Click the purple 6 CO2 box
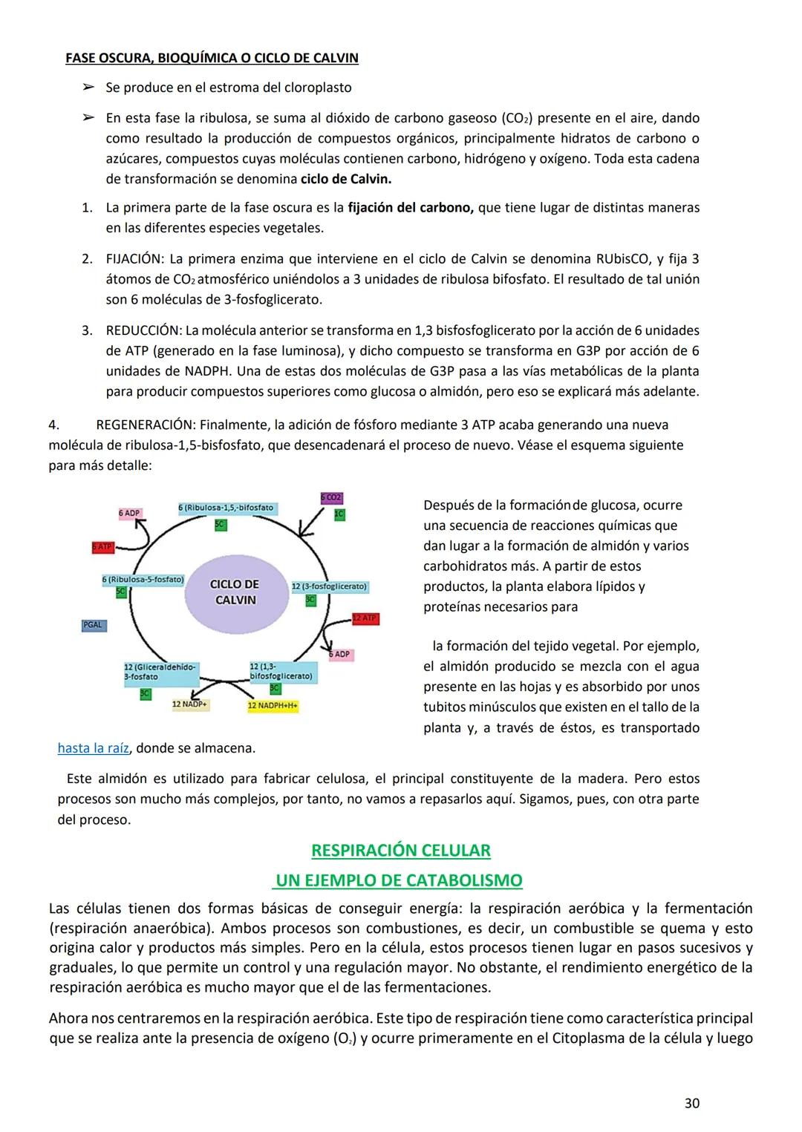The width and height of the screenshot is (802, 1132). (331, 497)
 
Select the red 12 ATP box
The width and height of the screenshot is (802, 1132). (365, 618)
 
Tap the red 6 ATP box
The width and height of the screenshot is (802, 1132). (102, 547)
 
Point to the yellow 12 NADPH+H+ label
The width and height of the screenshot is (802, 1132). (273, 705)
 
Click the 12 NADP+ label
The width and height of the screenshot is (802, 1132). (190, 704)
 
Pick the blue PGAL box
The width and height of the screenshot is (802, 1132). (93, 625)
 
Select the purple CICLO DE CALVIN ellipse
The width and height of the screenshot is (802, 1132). (235, 592)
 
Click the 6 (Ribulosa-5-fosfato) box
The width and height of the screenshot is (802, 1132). (143, 579)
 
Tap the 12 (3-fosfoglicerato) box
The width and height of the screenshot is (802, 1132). (329, 586)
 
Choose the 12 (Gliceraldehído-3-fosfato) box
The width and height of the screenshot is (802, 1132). (161, 672)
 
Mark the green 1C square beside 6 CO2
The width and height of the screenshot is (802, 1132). (339, 514)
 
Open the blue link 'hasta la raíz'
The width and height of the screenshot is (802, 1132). (94, 748)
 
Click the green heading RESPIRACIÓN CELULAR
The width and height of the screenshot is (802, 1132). (401, 851)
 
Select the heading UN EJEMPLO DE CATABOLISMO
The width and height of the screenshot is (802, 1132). (400, 880)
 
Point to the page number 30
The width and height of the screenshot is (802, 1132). (691, 1104)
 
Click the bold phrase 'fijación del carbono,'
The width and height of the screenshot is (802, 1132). (411, 208)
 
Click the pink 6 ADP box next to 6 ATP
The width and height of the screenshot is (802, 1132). (129, 513)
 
